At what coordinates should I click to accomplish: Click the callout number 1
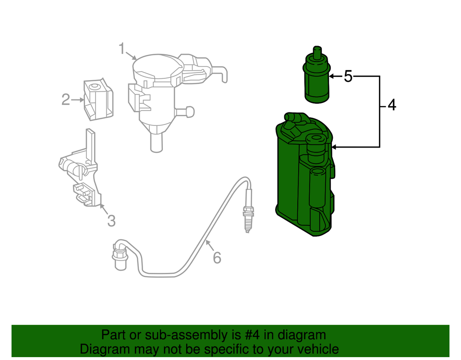coord(122,49)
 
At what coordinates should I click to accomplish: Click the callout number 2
coord(66,100)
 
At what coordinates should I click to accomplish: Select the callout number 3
coord(111,221)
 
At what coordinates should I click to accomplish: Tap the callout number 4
coord(392,105)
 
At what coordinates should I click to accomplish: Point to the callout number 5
coord(348,76)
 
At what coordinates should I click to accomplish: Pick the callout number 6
coord(217,258)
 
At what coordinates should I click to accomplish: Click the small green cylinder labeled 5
coord(317,82)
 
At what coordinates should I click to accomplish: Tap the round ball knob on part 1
coord(189,112)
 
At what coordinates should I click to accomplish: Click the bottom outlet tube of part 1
coord(156,142)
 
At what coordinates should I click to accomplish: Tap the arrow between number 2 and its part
coord(78,100)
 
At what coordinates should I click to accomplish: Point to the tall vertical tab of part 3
coord(90,144)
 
